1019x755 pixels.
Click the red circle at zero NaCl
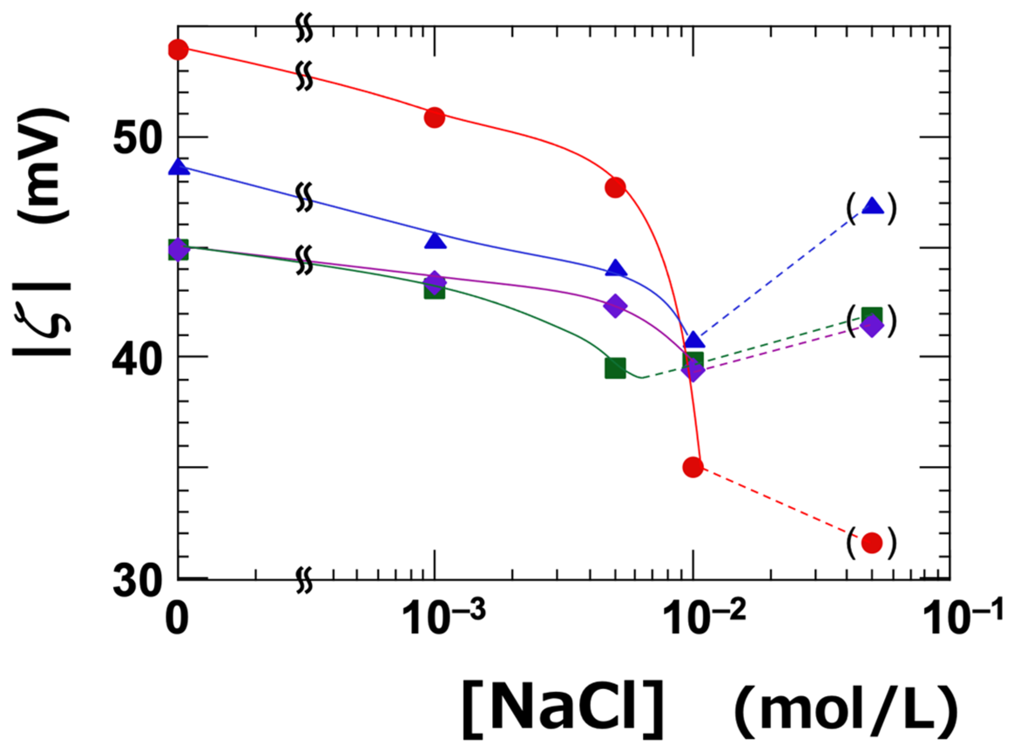pyautogui.click(x=178, y=49)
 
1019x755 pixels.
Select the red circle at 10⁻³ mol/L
pyautogui.click(x=434, y=118)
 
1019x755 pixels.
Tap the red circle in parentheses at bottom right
pyautogui.click(x=871, y=542)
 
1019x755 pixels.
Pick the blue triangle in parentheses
pyautogui.click(x=871, y=207)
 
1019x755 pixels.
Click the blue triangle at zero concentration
pyautogui.click(x=178, y=167)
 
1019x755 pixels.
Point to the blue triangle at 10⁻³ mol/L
pyautogui.click(x=434, y=241)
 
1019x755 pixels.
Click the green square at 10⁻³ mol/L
pyautogui.click(x=434, y=290)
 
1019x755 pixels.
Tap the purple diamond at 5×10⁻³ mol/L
pyautogui.click(x=615, y=306)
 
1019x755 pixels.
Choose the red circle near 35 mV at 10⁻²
pyautogui.click(x=693, y=467)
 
